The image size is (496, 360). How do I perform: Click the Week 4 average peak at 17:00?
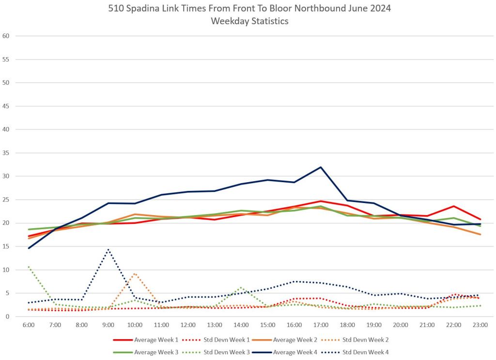[x=320, y=167]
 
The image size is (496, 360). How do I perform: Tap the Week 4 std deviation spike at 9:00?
[x=108, y=250]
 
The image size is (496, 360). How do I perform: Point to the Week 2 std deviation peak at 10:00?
[x=135, y=274]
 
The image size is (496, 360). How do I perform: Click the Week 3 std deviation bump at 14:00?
[x=241, y=287]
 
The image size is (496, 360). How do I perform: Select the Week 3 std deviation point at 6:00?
[x=29, y=266]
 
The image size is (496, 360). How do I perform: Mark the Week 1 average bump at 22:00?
[x=453, y=206]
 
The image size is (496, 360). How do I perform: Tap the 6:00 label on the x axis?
[x=29, y=324]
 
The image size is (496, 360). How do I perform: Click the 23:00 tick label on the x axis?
[x=480, y=324]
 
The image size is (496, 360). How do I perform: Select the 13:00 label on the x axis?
[x=215, y=324]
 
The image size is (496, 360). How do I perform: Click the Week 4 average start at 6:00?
[x=29, y=248]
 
